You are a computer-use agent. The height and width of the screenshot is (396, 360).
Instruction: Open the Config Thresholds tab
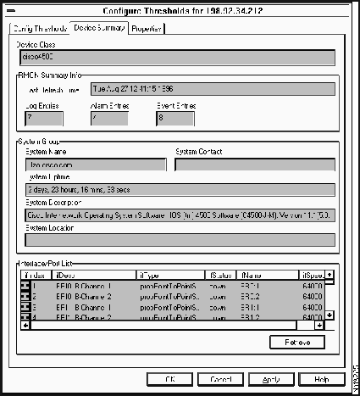point(39,29)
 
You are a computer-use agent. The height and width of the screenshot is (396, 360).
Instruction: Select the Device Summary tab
point(100,28)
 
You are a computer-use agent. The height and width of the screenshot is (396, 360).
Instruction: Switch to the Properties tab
point(147,29)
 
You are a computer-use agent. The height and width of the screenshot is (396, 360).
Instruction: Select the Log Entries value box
point(39,118)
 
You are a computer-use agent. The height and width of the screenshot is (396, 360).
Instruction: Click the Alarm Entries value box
point(107,118)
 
